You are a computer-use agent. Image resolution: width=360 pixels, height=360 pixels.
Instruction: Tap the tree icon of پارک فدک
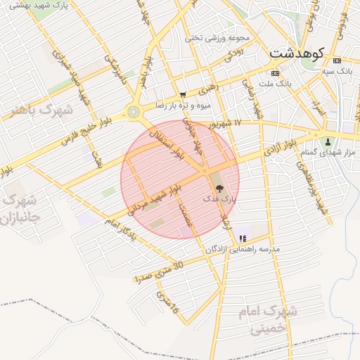pos(219,188)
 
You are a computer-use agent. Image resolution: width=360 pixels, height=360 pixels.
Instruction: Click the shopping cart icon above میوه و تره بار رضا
pos(184,95)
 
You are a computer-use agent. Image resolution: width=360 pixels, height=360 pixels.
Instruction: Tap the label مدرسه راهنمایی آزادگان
pos(243,250)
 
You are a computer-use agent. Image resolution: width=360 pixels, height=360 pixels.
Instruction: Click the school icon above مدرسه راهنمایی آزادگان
pos(243,239)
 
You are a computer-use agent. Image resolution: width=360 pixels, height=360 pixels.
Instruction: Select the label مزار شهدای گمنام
pos(328,153)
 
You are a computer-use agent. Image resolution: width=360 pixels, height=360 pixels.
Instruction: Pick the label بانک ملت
pos(274,83)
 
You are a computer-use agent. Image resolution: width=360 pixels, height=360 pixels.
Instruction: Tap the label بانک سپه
pos(336,70)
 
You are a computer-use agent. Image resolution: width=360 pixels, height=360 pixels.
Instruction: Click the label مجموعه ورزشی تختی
pos(217,38)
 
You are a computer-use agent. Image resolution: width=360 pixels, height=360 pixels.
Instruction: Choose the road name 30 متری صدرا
pos(159,270)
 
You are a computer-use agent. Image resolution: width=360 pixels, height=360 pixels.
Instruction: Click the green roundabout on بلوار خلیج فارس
pos(133,111)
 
